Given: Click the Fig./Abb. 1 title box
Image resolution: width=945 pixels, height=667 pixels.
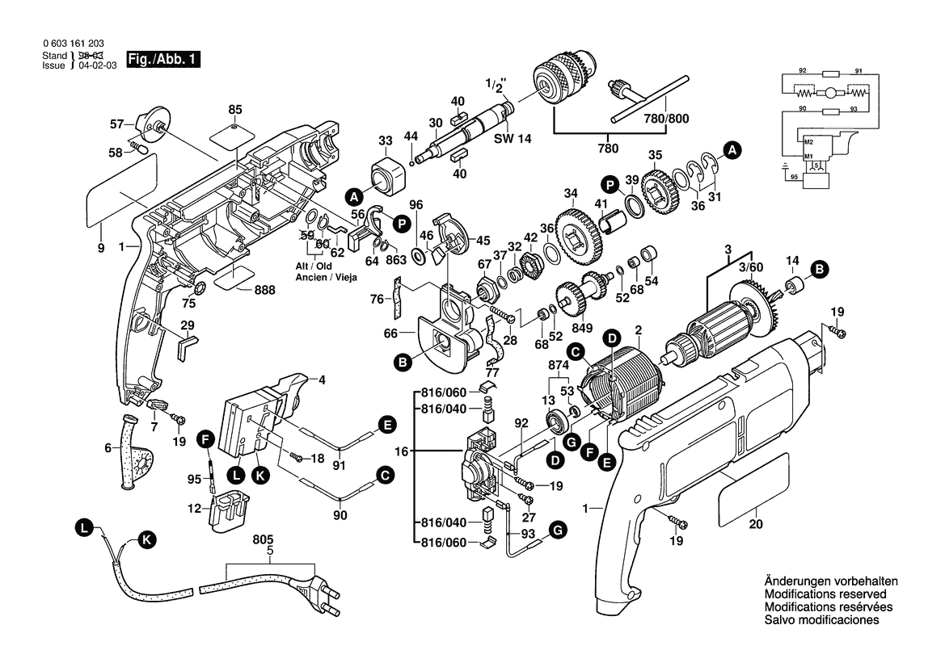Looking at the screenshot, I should tap(161, 60).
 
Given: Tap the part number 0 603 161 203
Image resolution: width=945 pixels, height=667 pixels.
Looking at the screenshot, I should tap(72, 44).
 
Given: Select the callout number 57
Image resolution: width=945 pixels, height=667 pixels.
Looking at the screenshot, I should tap(117, 124).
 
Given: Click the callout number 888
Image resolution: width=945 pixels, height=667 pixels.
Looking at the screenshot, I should tap(264, 290).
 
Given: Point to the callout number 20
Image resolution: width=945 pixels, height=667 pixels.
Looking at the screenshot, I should tap(756, 525).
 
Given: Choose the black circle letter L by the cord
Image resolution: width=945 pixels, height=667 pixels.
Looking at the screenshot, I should tap(82, 528).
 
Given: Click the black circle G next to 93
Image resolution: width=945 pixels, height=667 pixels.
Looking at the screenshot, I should tap(557, 529).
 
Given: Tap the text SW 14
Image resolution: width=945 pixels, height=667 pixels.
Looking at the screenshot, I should tap(513, 139).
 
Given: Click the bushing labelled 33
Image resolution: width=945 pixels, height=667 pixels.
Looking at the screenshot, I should tap(386, 172).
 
